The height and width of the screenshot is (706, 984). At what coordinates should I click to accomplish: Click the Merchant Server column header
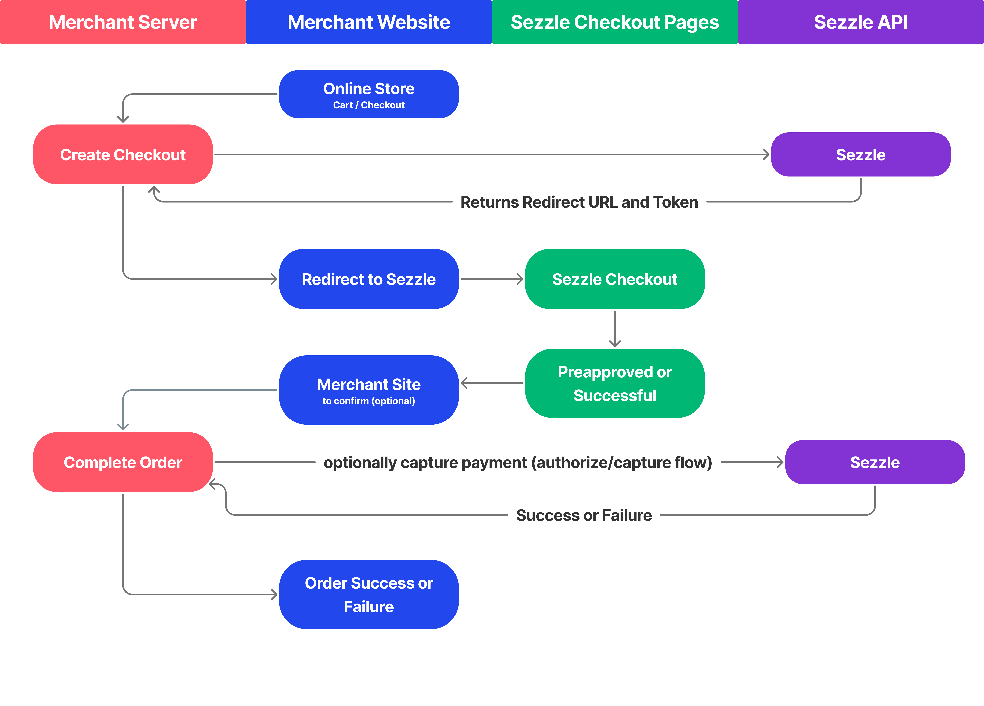pyautogui.click(x=123, y=22)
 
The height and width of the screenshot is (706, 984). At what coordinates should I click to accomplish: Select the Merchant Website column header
pyautogui.click(x=369, y=22)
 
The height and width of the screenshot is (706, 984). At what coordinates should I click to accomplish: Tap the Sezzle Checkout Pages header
pyautogui.click(x=615, y=22)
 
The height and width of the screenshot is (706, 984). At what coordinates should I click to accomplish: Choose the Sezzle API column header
pyautogui.click(x=861, y=22)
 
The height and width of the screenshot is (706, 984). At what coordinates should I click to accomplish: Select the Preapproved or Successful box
pyautogui.click(x=615, y=383)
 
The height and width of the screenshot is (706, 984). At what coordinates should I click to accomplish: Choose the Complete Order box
pyautogui.click(x=123, y=462)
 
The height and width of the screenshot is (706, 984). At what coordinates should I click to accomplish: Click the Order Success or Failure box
pyautogui.click(x=369, y=595)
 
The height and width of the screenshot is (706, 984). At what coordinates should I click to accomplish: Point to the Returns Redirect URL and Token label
pyautogui.click(x=579, y=202)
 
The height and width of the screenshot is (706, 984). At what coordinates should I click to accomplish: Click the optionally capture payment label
pyautogui.click(x=518, y=463)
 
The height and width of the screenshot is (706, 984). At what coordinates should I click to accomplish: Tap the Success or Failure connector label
pyautogui.click(x=584, y=515)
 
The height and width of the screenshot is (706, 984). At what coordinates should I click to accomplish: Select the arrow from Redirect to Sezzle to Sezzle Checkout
pyautogui.click(x=492, y=279)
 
